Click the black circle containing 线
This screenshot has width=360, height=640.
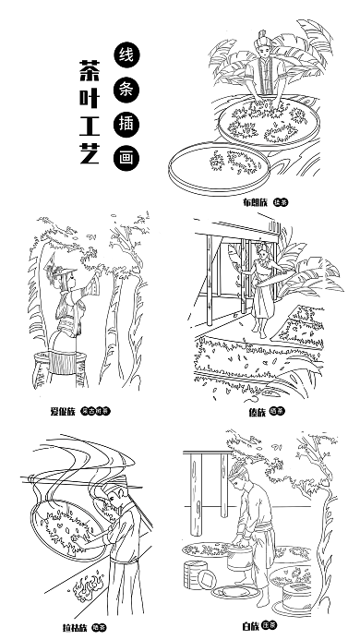pyautogui.click(x=125, y=54)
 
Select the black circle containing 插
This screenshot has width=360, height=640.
pyautogui.click(x=125, y=123)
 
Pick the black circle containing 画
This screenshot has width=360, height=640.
pyautogui.click(x=125, y=157)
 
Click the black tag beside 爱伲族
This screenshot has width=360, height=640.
pyautogui.click(x=95, y=410)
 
